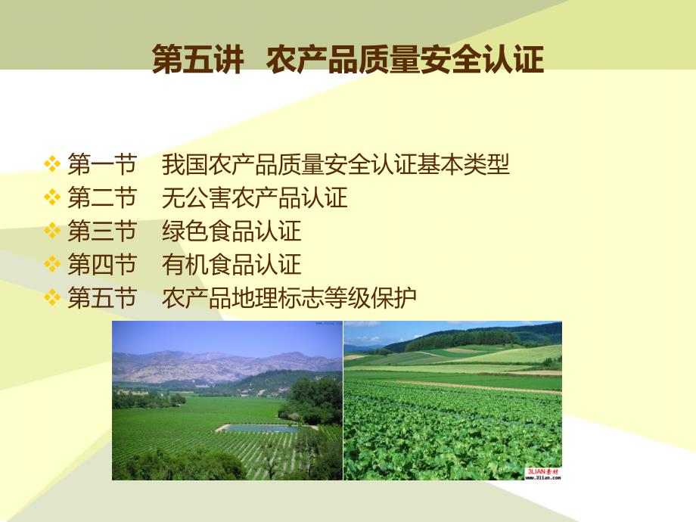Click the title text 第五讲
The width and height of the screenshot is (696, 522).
pos(197,59)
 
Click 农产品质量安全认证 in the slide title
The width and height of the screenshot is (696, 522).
pos(405,59)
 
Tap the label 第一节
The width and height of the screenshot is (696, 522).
pos(102,164)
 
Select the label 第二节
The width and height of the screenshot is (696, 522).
pos(102,197)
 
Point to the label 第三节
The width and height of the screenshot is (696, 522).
pos(102,231)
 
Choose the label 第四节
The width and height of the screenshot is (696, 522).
pos(102,264)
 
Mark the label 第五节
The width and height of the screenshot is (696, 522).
pos(102,297)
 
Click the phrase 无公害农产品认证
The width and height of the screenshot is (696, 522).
pos(254,197)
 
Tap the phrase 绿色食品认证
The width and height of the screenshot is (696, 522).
pos(231,231)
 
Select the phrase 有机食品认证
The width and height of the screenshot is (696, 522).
pos(231,264)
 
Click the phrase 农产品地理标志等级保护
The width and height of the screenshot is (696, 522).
pos(289,297)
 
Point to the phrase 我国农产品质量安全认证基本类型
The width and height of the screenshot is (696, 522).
pos(336,164)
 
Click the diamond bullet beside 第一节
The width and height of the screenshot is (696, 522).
pos(52,163)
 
